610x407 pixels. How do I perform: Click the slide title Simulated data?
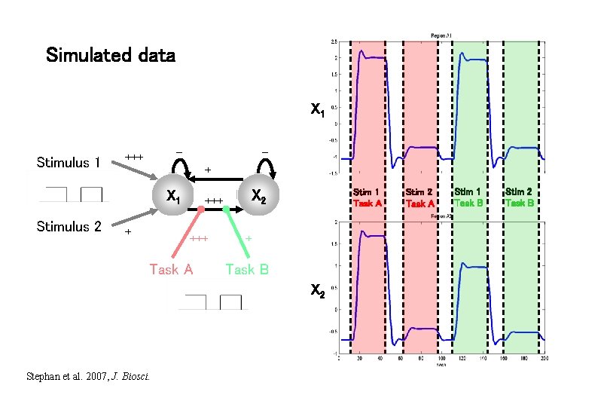(110, 55)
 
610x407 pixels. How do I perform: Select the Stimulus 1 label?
(69, 163)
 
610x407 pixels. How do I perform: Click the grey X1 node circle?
(173, 197)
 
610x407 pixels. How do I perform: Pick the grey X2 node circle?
(258, 197)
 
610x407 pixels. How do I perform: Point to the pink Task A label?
(171, 269)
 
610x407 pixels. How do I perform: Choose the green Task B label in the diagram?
(247, 269)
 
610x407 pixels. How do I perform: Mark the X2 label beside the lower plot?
(318, 293)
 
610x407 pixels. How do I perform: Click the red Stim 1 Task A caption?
(368, 197)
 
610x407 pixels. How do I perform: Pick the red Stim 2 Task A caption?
(419, 197)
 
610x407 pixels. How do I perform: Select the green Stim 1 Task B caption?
(468, 197)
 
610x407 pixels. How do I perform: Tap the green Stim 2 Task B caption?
(520, 197)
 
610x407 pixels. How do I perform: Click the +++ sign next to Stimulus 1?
(134, 157)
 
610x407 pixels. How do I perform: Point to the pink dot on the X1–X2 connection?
(201, 209)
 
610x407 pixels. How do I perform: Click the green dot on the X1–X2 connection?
(226, 209)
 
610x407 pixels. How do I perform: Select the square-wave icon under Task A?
(212, 301)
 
